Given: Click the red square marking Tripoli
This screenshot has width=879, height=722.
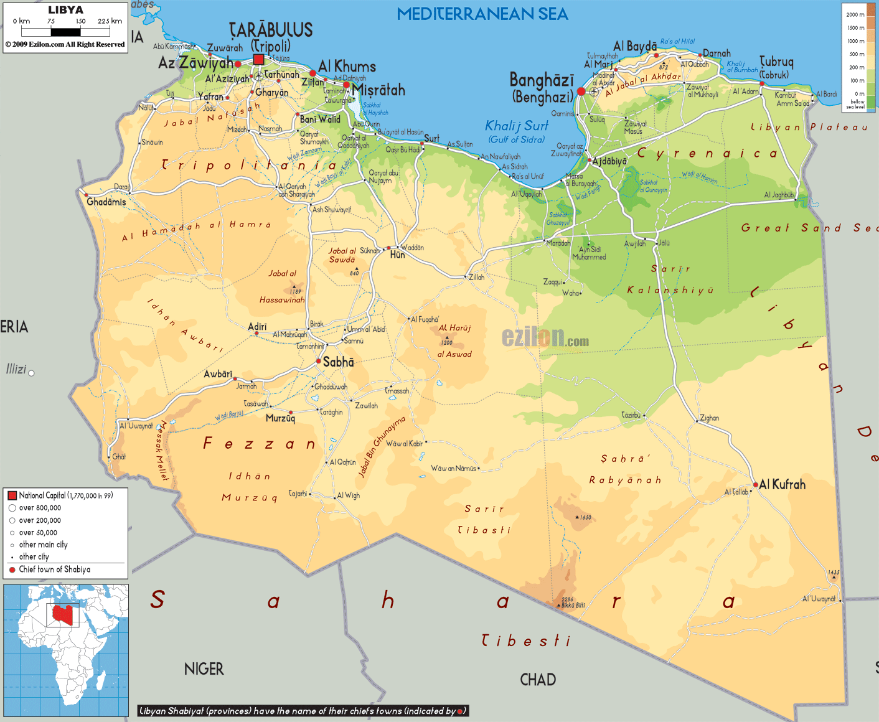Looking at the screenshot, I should [x=258, y=60].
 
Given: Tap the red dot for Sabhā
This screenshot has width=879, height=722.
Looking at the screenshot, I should [x=318, y=361].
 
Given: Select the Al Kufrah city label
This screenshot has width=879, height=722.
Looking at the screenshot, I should [x=783, y=484].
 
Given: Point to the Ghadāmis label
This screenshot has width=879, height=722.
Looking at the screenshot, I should [x=106, y=202].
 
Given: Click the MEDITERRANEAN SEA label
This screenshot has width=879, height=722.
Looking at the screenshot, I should [x=482, y=14].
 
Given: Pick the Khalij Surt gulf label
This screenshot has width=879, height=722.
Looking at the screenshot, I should [x=517, y=126].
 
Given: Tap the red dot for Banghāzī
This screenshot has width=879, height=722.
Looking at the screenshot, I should [x=581, y=91].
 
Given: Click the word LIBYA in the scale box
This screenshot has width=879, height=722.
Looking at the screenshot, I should [x=65, y=10].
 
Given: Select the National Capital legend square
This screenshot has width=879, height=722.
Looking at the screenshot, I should [x=12, y=495].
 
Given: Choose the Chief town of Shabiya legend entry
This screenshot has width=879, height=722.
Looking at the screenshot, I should [x=54, y=570].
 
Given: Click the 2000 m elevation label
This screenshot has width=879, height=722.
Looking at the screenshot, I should [x=855, y=14].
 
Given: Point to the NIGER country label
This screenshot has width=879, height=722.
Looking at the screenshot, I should [x=204, y=669].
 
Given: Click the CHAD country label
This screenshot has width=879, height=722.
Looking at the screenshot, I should [x=538, y=680].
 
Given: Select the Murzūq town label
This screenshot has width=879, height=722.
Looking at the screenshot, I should [x=280, y=418].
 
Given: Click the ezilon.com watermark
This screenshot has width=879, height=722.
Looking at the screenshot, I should [x=545, y=338].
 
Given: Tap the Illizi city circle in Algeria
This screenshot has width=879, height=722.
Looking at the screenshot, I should [x=31, y=373].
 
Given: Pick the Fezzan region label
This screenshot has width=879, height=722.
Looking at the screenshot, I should [x=260, y=444].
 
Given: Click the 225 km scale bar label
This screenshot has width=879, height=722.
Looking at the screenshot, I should [x=110, y=21].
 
